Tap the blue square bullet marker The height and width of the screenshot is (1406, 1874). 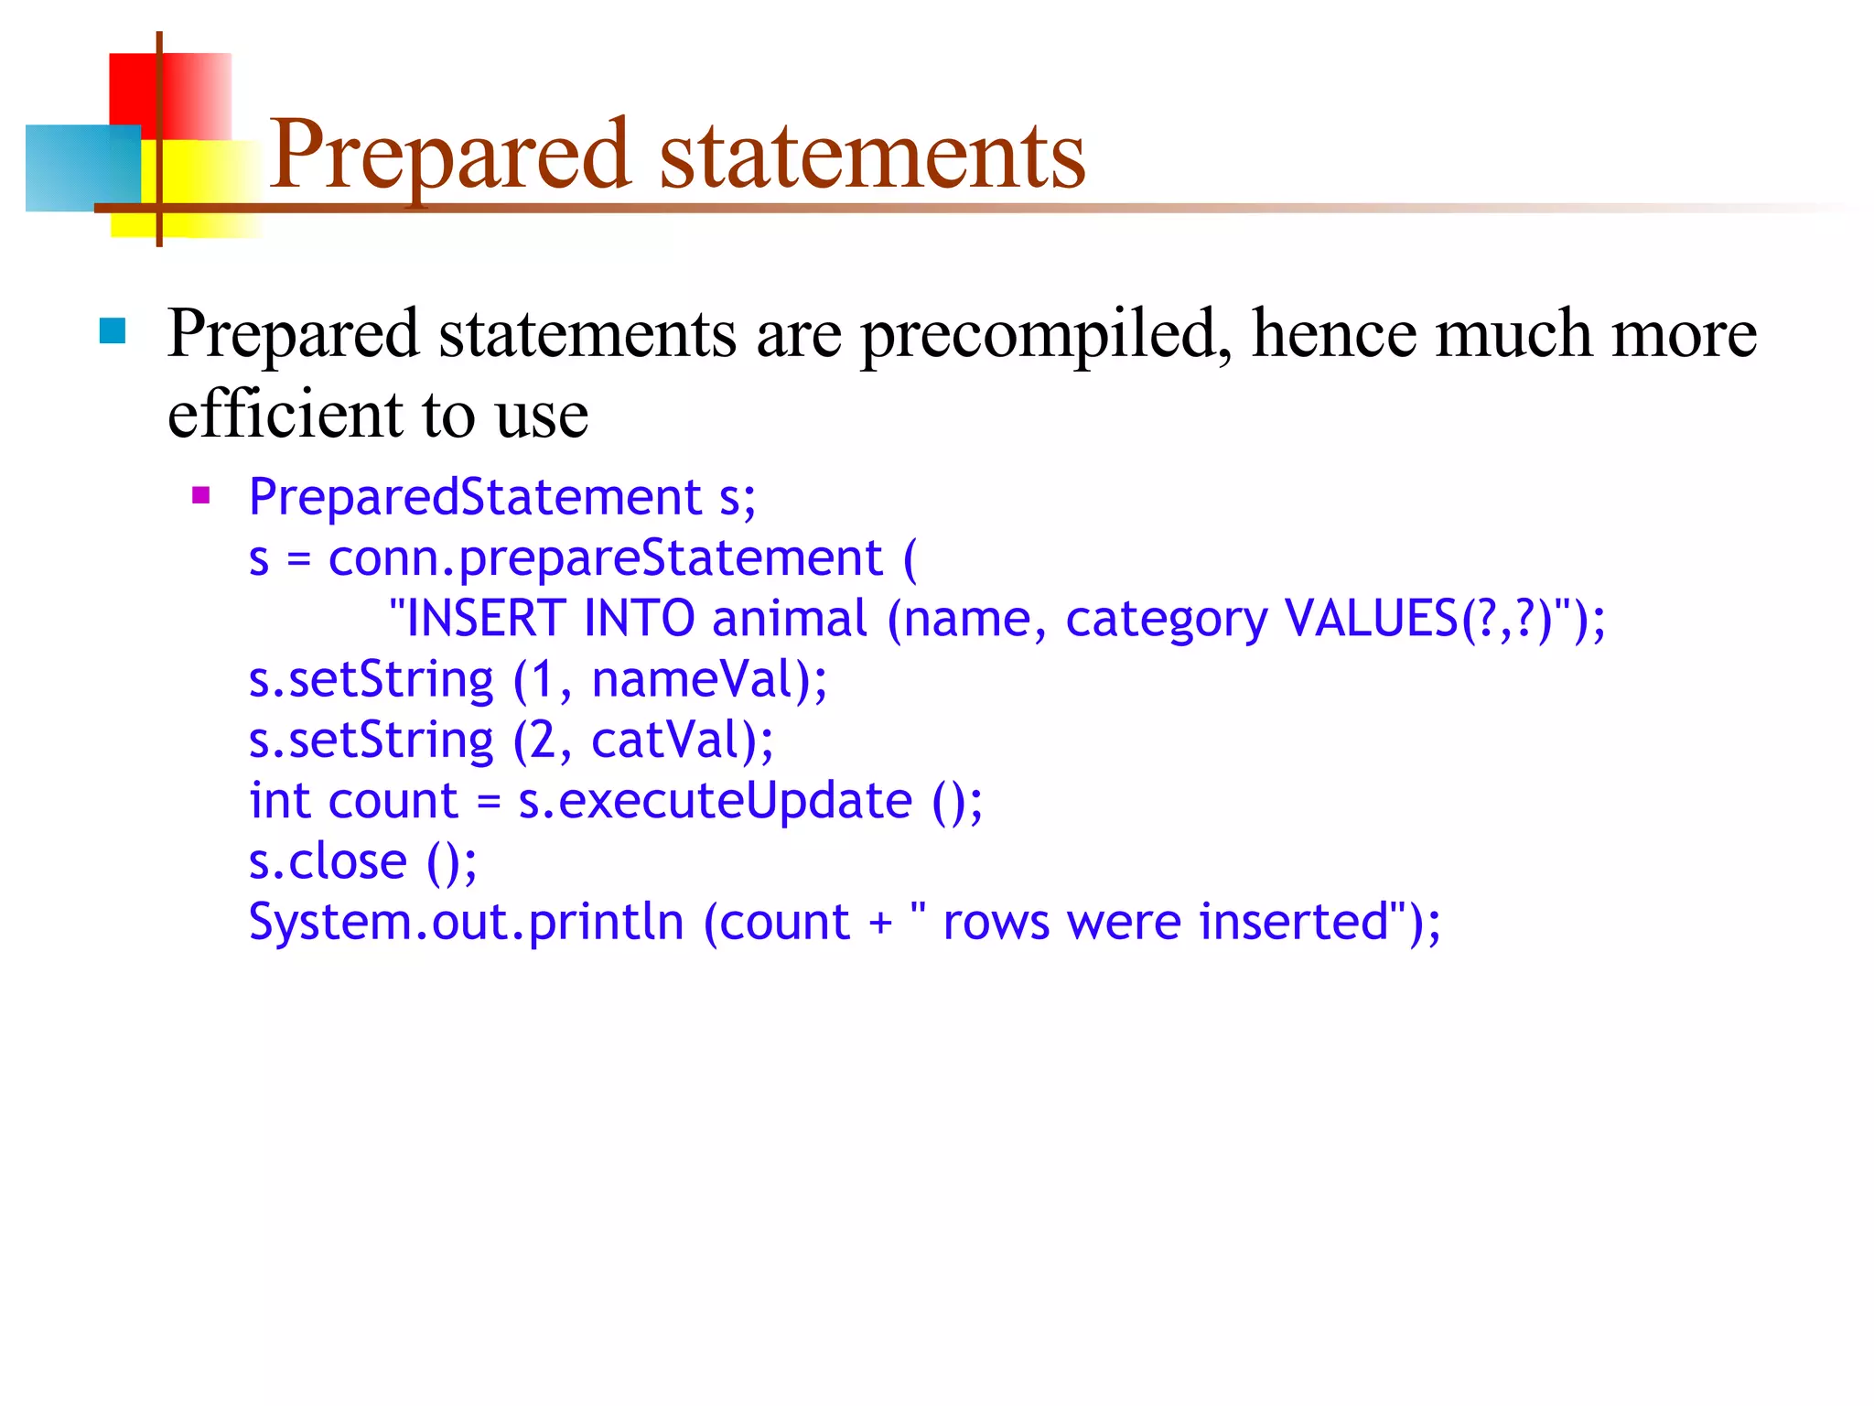click(x=112, y=330)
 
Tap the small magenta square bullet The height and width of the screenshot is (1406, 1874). click(x=201, y=496)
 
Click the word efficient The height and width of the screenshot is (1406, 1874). click(x=285, y=415)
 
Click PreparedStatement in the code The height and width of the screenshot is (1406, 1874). click(x=475, y=497)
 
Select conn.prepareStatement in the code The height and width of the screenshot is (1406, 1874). click(x=605, y=557)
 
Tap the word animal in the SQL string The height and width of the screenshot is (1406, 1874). click(x=789, y=618)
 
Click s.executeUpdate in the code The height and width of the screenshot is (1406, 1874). click(x=715, y=801)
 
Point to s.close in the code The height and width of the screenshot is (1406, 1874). click(x=328, y=861)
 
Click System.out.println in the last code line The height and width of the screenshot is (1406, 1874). click(x=466, y=922)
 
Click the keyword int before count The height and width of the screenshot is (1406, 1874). click(x=279, y=801)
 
